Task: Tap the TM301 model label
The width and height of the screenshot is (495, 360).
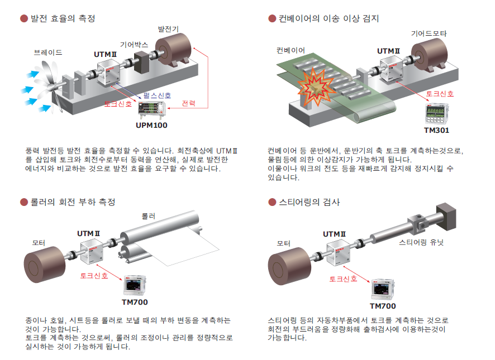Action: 436,130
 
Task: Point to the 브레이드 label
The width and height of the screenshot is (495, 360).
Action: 47,53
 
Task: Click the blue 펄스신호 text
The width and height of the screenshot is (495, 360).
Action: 157,95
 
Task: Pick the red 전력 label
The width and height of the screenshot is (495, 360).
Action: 189,104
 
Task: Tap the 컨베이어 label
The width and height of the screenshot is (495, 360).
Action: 291,50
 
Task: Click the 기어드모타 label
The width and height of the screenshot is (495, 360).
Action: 430,34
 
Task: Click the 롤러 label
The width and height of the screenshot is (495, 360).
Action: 148,215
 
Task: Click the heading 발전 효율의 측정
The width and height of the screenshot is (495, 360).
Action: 63,18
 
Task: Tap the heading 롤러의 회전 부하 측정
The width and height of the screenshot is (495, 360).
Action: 72,201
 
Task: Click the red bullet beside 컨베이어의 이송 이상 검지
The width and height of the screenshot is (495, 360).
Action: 273,19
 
